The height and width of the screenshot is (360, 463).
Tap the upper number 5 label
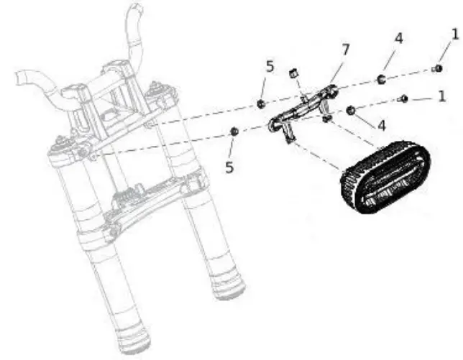270,67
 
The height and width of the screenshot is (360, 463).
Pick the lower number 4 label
381,124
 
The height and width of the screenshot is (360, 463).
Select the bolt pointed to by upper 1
437,68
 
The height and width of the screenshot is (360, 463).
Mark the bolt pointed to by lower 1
405,98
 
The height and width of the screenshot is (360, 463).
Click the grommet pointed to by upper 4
382,78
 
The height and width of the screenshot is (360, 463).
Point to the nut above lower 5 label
234,131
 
